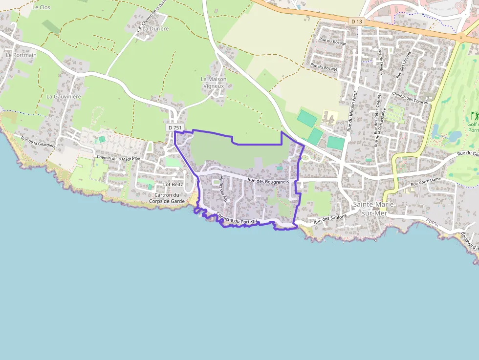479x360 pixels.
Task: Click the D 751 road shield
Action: pos(174,127)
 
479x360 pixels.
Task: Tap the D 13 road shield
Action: pos(357,21)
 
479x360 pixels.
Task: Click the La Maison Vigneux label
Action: pos(214,82)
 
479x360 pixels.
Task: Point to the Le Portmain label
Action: pos(21,55)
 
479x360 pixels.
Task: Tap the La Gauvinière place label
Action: pos(64,97)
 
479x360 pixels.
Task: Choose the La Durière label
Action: pos(155,29)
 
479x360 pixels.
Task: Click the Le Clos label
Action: pos(41,7)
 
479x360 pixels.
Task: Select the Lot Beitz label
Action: pos(173,185)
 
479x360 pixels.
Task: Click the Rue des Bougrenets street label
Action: pos(268,181)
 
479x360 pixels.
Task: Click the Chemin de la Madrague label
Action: pos(118,158)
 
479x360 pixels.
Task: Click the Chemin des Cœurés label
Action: pos(410,98)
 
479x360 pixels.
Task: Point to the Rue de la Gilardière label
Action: pos(38,142)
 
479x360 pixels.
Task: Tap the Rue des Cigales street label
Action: pos(224,188)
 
